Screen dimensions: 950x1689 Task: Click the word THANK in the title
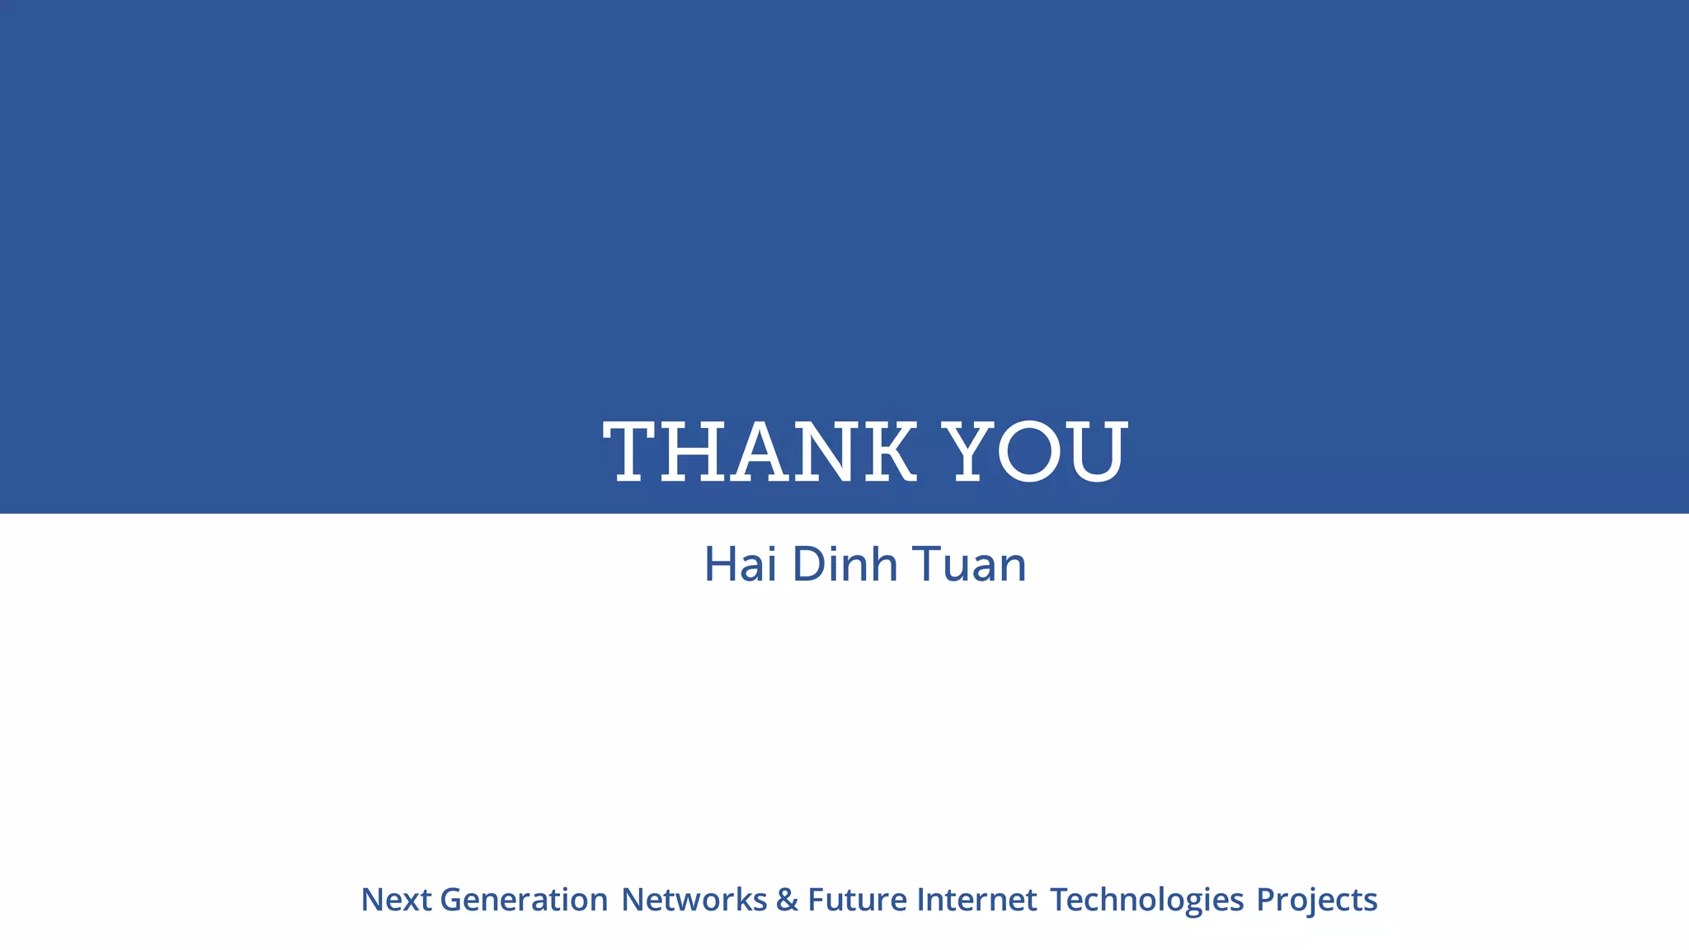pos(760,451)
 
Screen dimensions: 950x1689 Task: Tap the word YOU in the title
pos(1035,451)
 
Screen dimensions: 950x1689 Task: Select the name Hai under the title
pos(740,565)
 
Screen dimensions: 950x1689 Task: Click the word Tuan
pos(969,565)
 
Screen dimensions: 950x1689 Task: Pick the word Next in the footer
pos(396,900)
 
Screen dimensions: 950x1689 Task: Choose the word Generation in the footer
pos(525,900)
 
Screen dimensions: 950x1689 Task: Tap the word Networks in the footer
pos(694,900)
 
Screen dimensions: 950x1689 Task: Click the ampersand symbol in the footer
pos(787,900)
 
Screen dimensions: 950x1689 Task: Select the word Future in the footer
pos(857,900)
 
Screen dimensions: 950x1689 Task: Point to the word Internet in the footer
pos(976,900)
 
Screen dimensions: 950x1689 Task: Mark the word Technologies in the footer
pos(1146,900)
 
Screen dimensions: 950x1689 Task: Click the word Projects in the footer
pos(1316,900)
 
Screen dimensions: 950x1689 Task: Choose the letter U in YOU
pos(1096,451)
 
